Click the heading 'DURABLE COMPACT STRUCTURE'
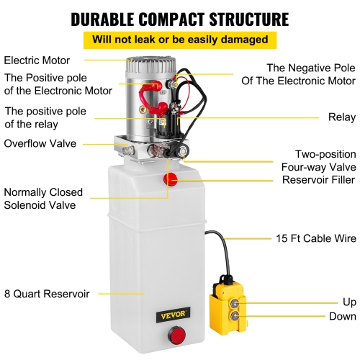coord(180,17)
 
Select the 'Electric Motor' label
coord(37,60)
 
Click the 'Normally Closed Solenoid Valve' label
coord(43,199)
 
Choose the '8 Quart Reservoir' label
coord(46,293)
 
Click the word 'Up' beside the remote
coord(348,302)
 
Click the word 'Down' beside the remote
coord(341,316)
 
